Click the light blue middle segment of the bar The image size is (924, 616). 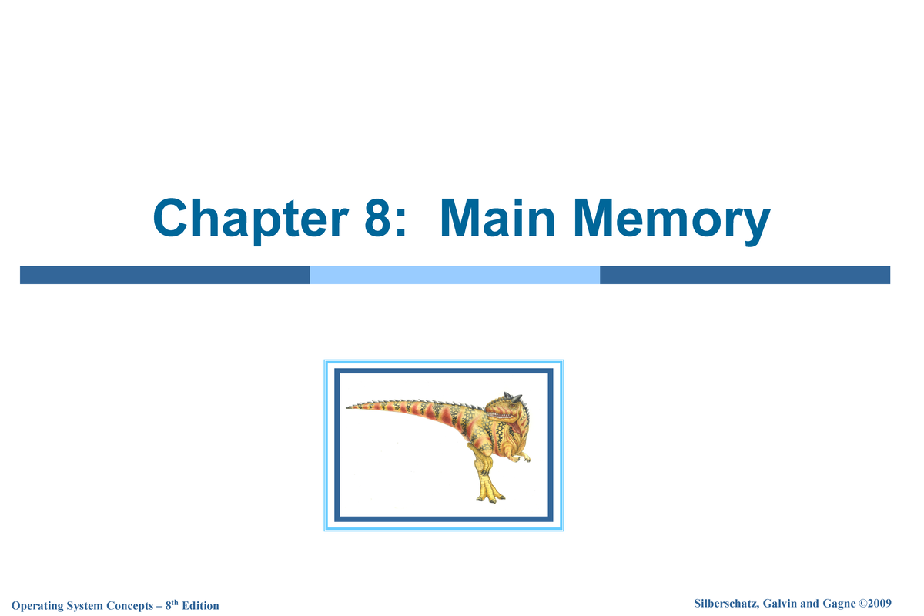pyautogui.click(x=454, y=275)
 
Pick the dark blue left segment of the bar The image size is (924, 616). pyautogui.click(x=165, y=275)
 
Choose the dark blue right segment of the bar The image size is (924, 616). pyautogui.click(x=745, y=275)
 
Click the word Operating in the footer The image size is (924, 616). pyautogui.click(x=47, y=606)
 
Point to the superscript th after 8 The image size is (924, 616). pyautogui.click(x=176, y=602)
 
